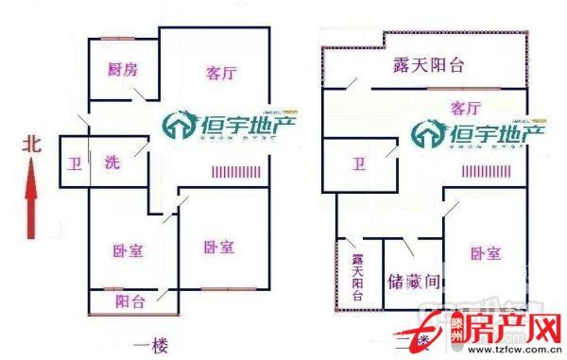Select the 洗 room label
(111, 161)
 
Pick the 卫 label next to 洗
(74, 162)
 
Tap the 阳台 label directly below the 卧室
(130, 302)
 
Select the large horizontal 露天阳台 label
(429, 65)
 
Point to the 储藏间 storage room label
(414, 281)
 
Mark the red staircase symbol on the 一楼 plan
(233, 173)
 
